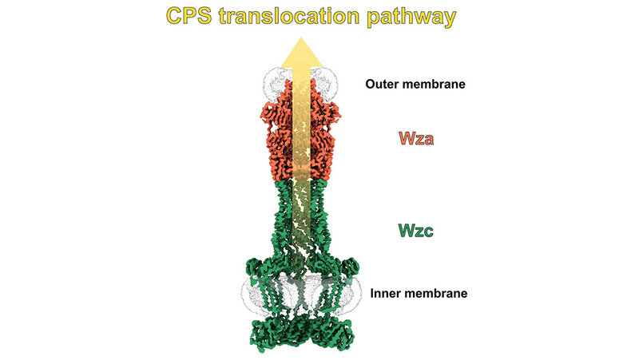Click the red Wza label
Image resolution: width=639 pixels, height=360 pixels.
(418, 138)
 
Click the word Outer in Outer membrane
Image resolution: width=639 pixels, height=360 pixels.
(382, 83)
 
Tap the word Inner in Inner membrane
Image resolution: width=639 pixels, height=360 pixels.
(386, 293)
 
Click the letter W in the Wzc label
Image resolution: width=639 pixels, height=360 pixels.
(404, 231)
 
